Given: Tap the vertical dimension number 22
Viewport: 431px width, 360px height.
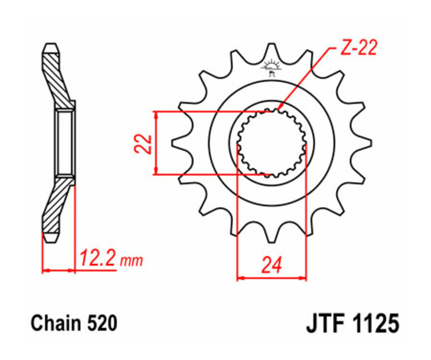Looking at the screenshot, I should [x=142, y=143].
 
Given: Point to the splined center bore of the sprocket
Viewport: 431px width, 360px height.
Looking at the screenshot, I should [x=272, y=143].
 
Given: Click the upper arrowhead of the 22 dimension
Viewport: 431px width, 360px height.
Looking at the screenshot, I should [x=156, y=115].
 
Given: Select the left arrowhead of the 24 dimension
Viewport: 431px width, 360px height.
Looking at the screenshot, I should [x=240, y=277].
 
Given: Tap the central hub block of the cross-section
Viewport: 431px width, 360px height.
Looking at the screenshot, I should [x=65, y=143].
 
